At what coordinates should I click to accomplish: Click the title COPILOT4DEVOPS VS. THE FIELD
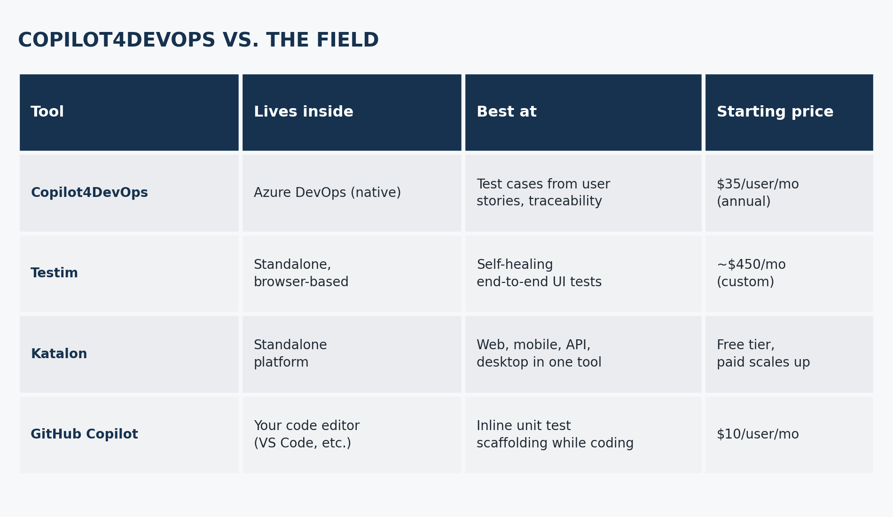click(198, 40)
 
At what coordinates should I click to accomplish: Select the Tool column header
click(47, 112)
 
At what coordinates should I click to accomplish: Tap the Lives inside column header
click(304, 112)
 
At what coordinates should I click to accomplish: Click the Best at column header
click(507, 112)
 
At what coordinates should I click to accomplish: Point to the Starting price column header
click(775, 112)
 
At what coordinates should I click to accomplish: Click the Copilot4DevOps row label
click(89, 193)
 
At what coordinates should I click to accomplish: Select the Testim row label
click(54, 273)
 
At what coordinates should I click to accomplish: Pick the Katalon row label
click(59, 354)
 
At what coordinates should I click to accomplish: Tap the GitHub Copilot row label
click(84, 434)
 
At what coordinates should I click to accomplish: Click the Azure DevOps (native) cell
click(327, 193)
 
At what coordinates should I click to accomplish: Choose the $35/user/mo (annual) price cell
click(758, 193)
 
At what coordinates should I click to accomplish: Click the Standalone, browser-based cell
click(301, 273)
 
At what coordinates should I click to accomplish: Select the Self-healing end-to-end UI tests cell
click(539, 273)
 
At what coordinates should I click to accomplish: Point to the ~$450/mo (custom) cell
click(751, 273)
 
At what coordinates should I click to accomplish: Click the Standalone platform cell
click(290, 354)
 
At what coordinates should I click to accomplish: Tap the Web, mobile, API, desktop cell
click(539, 354)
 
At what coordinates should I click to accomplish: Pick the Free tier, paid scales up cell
click(763, 354)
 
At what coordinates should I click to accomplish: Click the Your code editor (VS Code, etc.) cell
click(307, 434)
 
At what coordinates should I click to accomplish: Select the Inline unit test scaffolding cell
click(555, 434)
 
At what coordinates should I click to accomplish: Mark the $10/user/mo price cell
click(758, 434)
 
